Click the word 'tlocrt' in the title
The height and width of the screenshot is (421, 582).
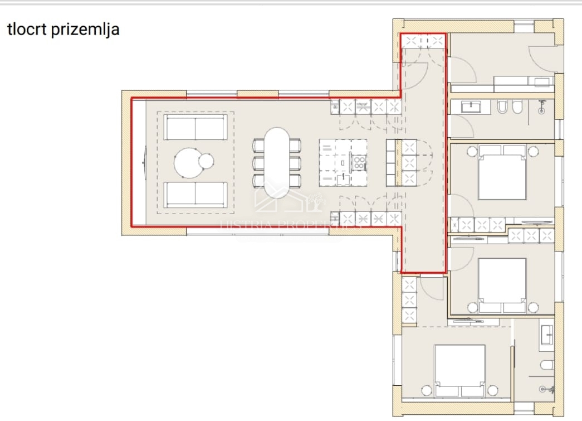point(26,30)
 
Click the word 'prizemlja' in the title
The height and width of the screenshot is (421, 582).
point(85,30)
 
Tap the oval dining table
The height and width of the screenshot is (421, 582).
point(277,163)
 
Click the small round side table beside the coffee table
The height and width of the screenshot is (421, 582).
point(206,161)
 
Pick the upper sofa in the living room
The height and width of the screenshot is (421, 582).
point(195,128)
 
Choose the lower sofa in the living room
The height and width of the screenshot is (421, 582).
point(195,195)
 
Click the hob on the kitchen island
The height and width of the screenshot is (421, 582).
point(359,163)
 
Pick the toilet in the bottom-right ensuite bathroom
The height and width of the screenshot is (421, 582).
point(546,365)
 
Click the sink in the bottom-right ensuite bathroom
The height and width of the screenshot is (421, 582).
point(546,334)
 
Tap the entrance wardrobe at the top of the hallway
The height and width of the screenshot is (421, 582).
point(423,40)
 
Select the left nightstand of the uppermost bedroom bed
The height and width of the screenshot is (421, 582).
point(472,150)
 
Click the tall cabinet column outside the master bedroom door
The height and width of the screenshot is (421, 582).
point(409,301)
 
